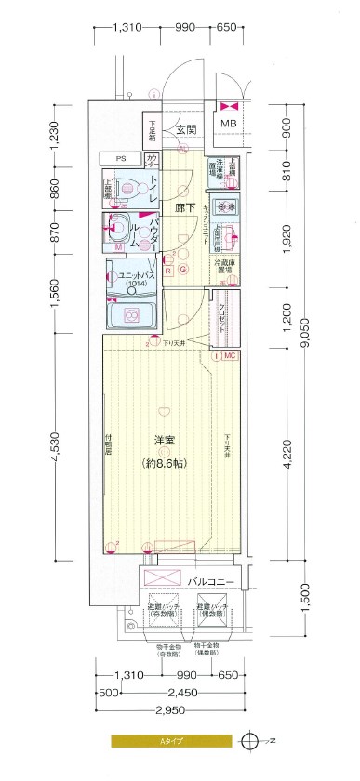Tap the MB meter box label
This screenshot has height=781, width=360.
tap(228, 123)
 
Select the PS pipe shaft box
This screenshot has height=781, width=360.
tap(121, 158)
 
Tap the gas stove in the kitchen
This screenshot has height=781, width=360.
tap(228, 206)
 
